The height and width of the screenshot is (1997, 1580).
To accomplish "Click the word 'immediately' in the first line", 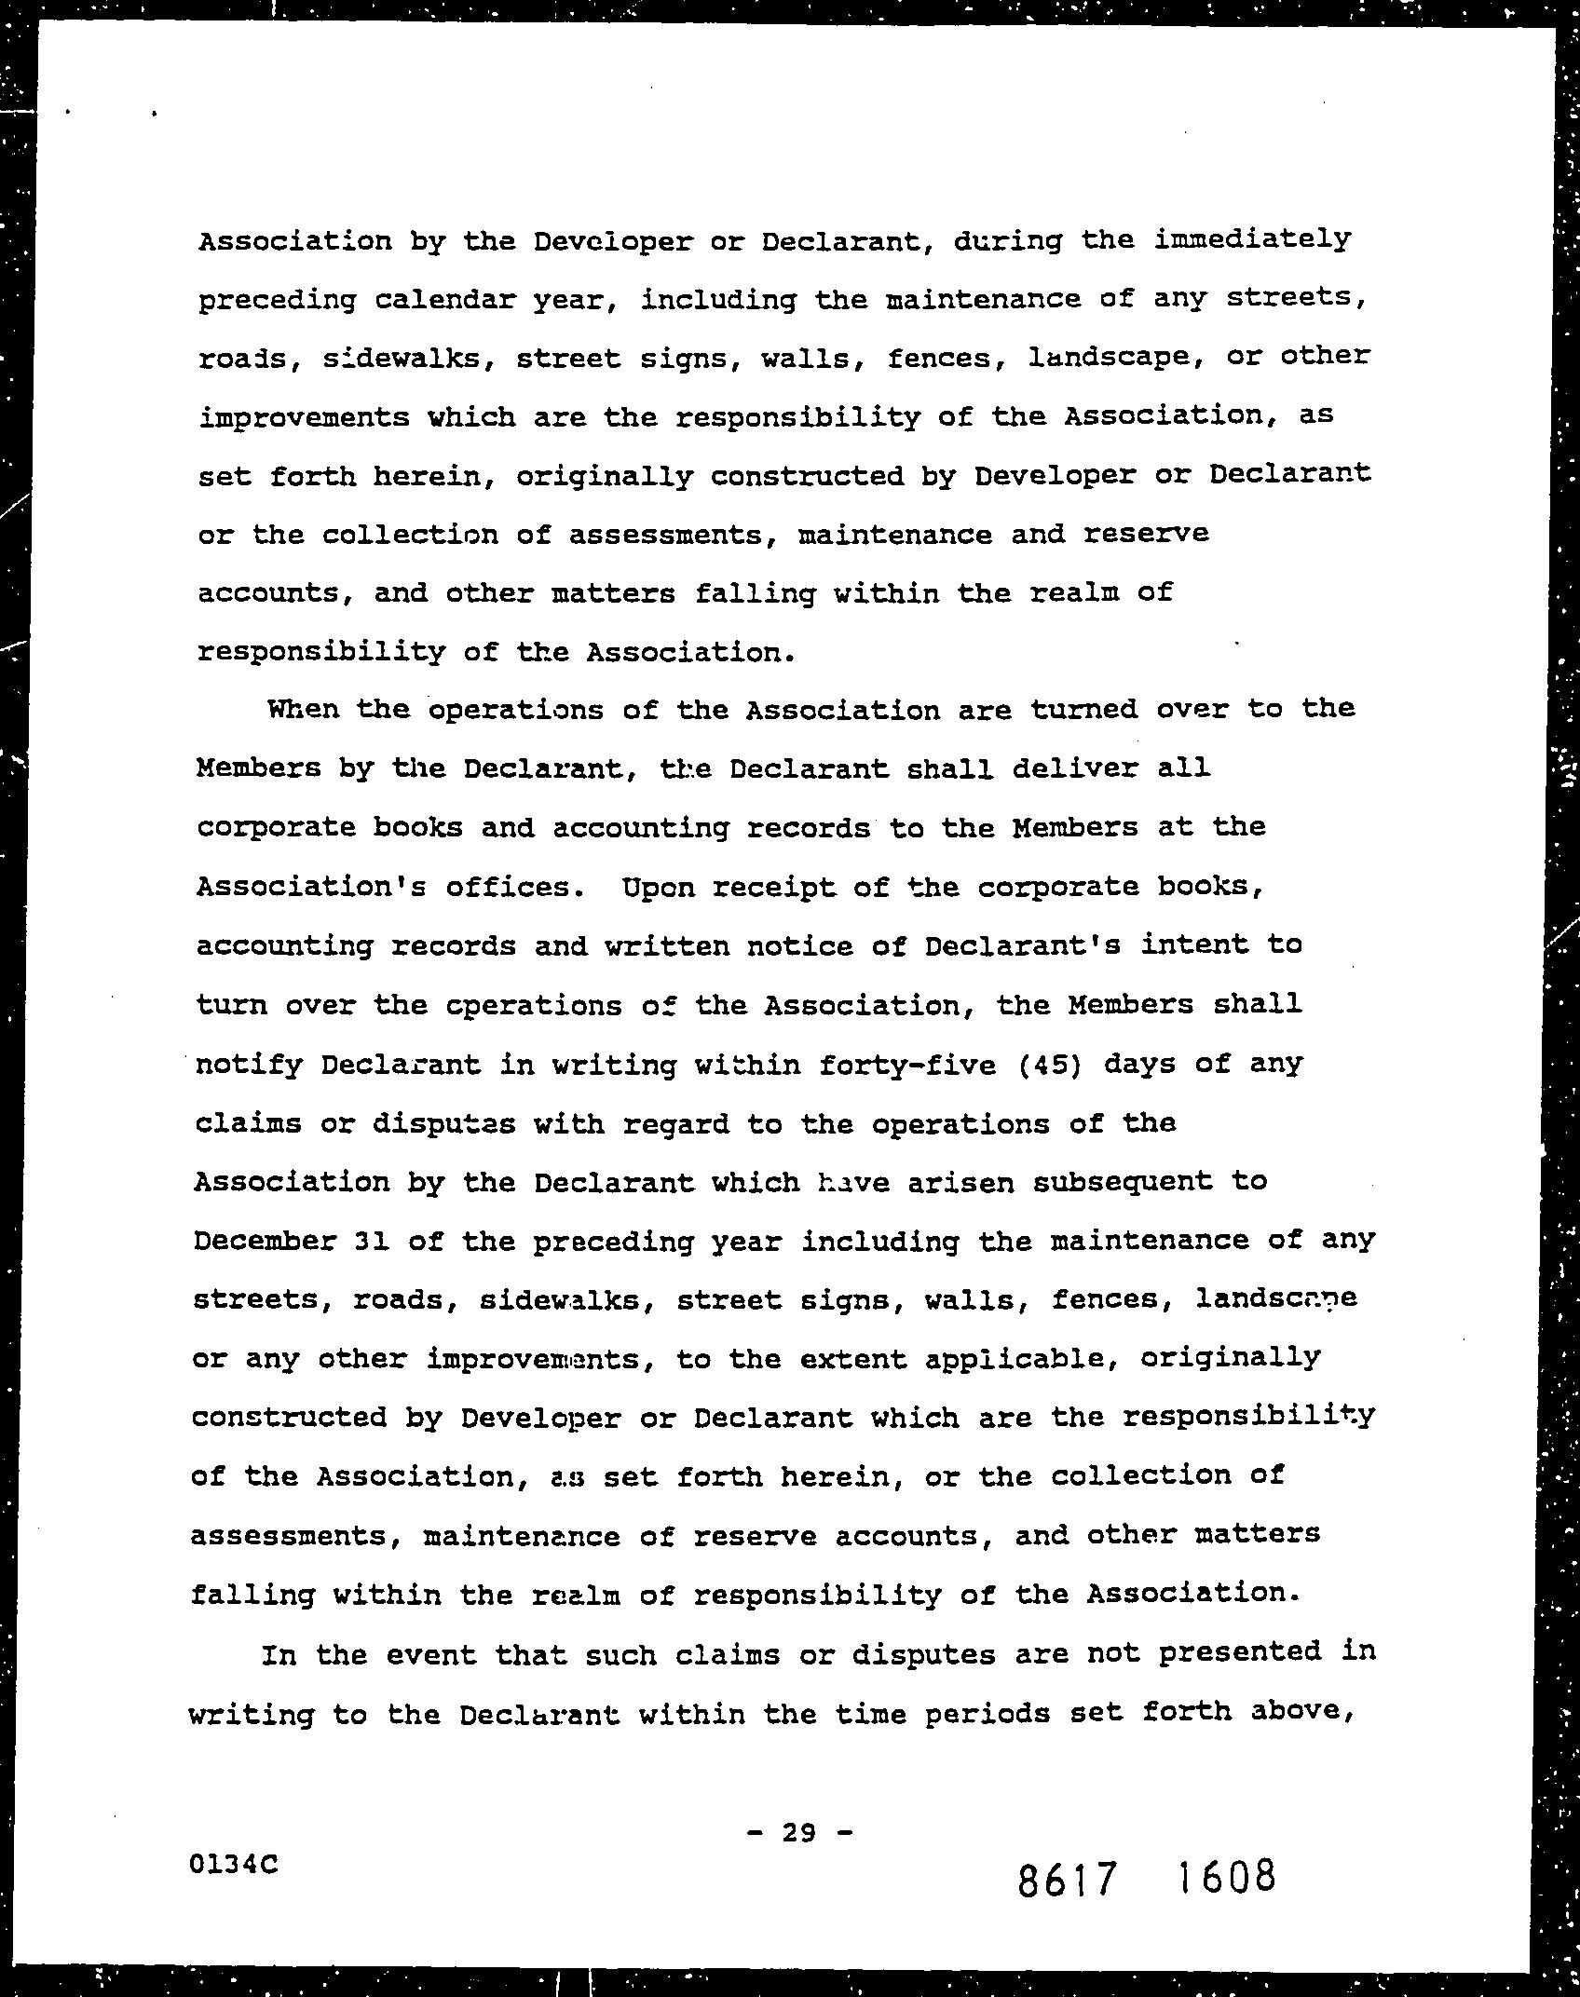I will pyautogui.click(x=1252, y=240).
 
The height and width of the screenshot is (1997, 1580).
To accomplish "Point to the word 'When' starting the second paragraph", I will pyautogui.click(x=303, y=710).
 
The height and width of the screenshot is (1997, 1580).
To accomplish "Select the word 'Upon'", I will pyautogui.click(x=658, y=886).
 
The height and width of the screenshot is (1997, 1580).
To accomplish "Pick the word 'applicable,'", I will pyautogui.click(x=1020, y=1359).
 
